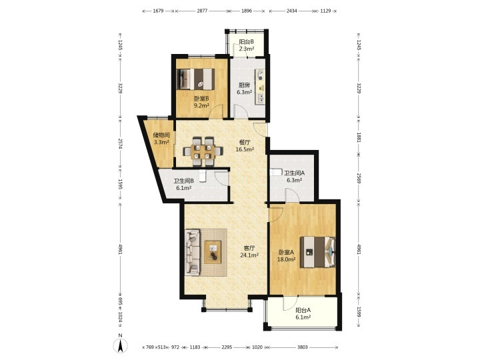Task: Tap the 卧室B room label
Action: point(201,99)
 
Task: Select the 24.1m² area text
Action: point(249,255)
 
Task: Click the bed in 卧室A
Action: point(317,252)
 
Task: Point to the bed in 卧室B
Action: point(196,79)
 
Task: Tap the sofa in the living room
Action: point(192,252)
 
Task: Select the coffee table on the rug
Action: point(213,252)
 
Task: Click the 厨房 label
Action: point(244,85)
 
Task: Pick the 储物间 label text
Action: point(161,135)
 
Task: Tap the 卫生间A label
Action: point(294,173)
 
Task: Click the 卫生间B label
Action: point(184,181)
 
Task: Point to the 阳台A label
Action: point(303,310)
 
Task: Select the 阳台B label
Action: point(247,42)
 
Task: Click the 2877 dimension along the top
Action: point(202,11)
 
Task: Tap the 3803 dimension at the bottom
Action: point(303,347)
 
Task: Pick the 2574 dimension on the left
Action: point(120,143)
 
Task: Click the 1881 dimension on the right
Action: point(359,137)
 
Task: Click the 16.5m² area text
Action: point(245,149)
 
